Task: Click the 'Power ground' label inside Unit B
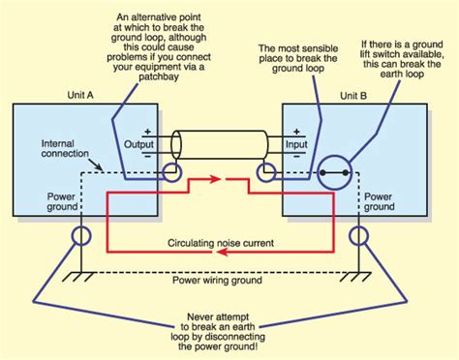[x=377, y=200]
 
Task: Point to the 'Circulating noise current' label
[x=221, y=241]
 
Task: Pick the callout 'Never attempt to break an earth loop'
[x=229, y=330]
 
